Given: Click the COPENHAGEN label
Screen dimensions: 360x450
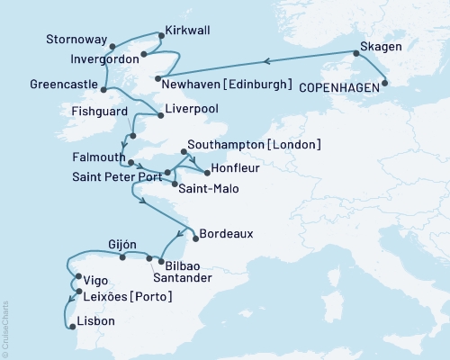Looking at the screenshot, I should [339, 87].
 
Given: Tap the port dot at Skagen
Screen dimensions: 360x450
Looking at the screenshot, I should [355, 54].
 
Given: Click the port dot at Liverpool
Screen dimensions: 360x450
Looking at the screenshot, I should [158, 112].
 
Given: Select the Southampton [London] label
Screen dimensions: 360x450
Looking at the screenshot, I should [253, 144].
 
